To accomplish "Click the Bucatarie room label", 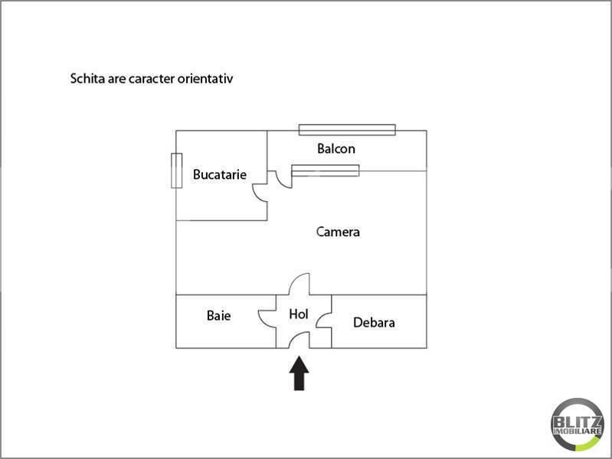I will [220, 174].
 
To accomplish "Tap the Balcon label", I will [336, 148].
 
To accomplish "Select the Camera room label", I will [338, 231].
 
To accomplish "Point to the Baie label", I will [218, 315].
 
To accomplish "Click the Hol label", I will [299, 314].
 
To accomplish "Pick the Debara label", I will [374, 322].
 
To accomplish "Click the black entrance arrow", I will [299, 375].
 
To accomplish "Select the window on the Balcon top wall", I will [347, 129].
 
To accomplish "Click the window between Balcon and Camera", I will [325, 171].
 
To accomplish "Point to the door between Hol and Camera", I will [299, 285].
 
